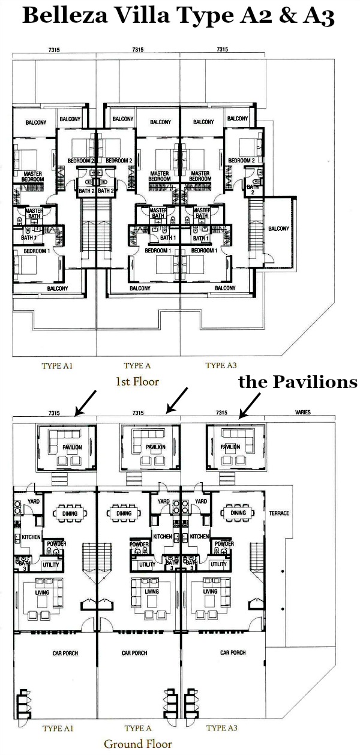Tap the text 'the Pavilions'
click(x=298, y=382)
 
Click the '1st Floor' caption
click(x=137, y=381)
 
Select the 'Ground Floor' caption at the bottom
click(x=138, y=744)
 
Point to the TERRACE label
click(x=279, y=513)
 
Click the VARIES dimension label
click(x=302, y=412)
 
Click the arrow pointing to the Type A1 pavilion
click(x=86, y=403)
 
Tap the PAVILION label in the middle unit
click(x=156, y=447)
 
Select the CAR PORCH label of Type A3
click(x=233, y=652)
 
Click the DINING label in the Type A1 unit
click(x=70, y=514)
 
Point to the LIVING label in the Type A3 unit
click(x=211, y=591)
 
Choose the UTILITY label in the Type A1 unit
click(x=51, y=564)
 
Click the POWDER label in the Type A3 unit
click(x=224, y=543)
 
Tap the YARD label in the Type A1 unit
click(x=34, y=501)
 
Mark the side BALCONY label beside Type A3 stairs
click(x=279, y=228)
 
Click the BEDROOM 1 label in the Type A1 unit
click(x=37, y=251)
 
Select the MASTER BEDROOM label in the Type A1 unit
click(x=32, y=177)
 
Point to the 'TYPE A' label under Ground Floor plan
click(x=137, y=729)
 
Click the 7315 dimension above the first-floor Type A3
click(x=222, y=50)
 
